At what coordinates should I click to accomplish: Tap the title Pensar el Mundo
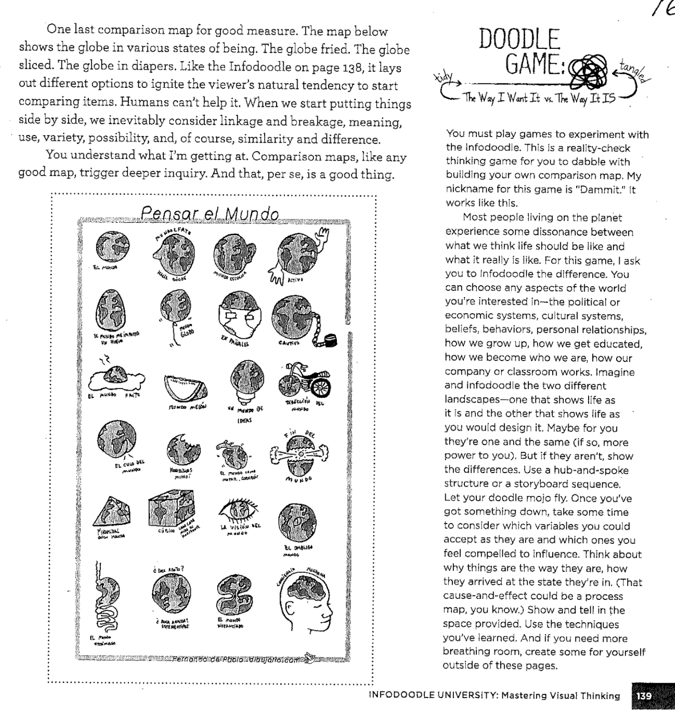tap(210, 214)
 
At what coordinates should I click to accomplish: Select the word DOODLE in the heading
tap(519, 40)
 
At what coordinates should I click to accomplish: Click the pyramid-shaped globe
tap(113, 514)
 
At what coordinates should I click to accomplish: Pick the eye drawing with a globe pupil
tap(238, 510)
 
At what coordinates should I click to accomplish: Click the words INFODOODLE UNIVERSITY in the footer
tap(430, 696)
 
